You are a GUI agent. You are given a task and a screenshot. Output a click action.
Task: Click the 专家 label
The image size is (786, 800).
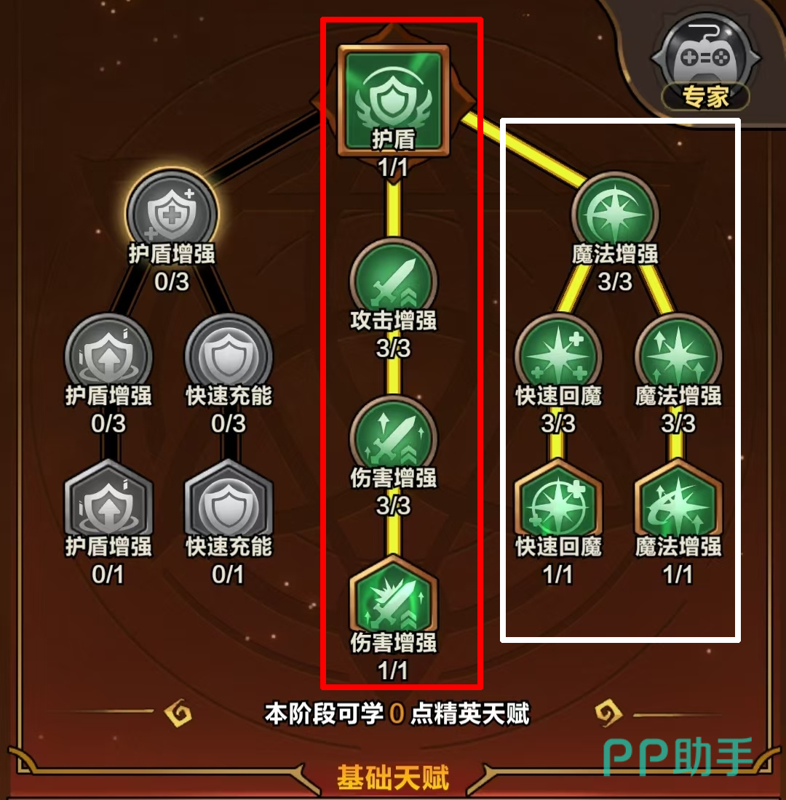tap(705, 97)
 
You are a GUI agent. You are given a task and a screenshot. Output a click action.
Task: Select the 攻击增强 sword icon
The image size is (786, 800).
tap(393, 280)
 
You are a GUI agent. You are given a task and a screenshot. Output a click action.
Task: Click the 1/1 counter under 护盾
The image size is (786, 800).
tap(393, 168)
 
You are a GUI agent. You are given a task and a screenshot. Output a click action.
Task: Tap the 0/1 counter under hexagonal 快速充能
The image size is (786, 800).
tap(228, 575)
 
